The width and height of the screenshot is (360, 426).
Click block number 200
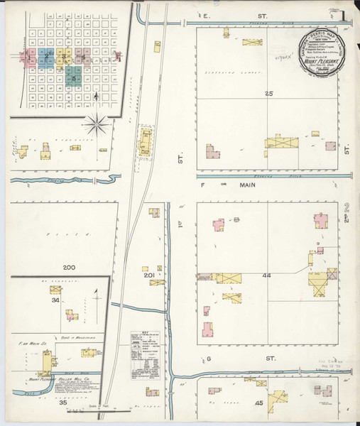tap(68, 268)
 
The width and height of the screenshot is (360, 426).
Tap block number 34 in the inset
tap(55, 300)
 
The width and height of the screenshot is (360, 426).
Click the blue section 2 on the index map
tap(46, 57)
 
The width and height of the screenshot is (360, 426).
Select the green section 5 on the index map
tap(73, 75)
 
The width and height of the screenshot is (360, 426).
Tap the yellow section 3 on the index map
tap(63, 54)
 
